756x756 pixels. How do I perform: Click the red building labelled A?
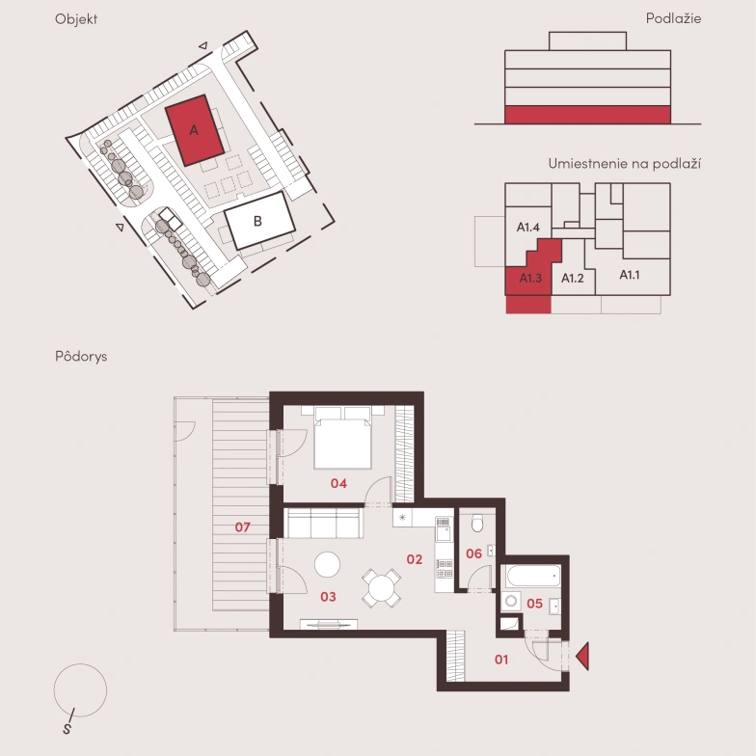coord(195,130)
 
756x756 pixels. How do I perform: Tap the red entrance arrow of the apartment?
coord(582,656)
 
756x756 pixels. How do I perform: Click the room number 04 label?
coord(338,483)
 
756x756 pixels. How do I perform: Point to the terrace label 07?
coord(243,526)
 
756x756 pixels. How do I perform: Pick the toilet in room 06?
coord(477,523)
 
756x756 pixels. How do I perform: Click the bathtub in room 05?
coord(534,576)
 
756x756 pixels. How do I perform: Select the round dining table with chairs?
coord(382,588)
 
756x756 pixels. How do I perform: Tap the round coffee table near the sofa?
coord(328,564)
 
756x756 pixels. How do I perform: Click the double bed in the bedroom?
coord(343,438)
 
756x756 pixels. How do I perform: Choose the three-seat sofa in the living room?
coord(323,523)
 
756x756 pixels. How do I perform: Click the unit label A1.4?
coord(528,227)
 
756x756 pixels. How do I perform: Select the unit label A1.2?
coord(573,278)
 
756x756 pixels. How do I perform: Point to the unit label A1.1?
coord(629,275)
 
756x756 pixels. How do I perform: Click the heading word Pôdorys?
coord(81,356)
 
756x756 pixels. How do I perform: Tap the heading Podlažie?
coord(673,18)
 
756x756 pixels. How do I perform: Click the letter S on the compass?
coord(67,729)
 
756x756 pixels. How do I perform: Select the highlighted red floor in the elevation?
coord(588,115)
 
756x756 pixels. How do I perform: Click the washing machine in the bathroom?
coord(511,602)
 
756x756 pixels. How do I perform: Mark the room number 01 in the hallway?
coord(501,660)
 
